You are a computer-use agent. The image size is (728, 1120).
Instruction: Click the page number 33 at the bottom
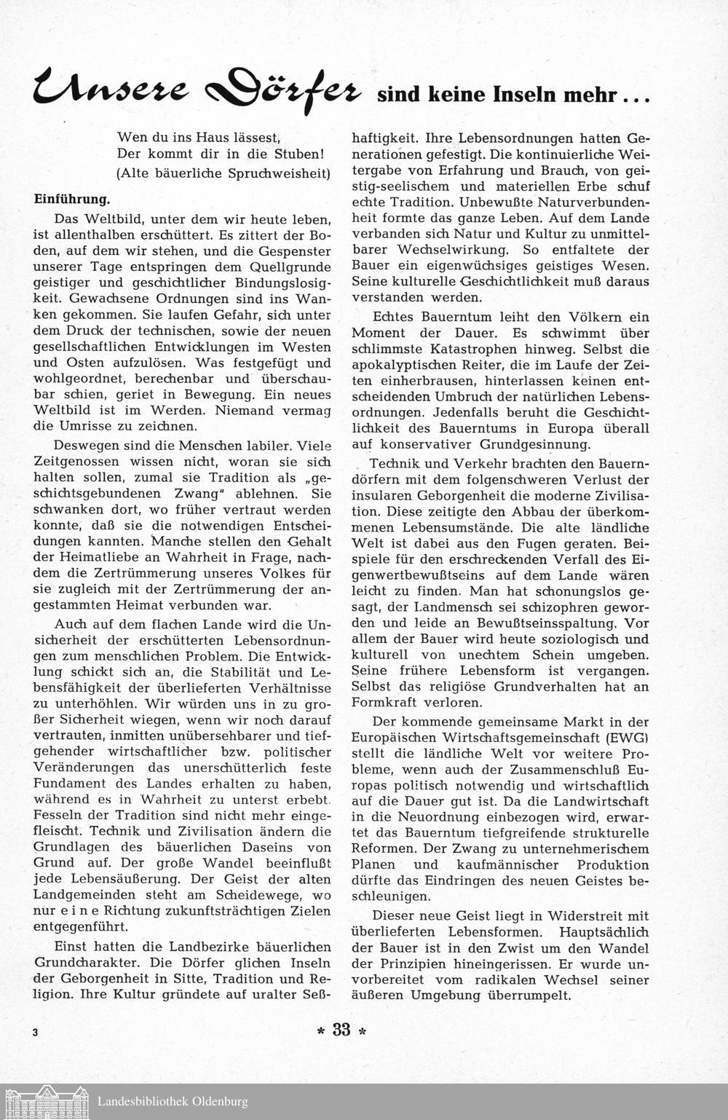[x=341, y=1029]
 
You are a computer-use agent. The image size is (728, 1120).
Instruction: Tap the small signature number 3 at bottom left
[x=35, y=1033]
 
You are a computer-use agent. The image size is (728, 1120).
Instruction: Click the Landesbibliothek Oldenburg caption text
[x=173, y=1101]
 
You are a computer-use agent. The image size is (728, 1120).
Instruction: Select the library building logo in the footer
[x=46, y=1100]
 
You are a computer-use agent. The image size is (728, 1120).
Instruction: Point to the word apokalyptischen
[x=395, y=365]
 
